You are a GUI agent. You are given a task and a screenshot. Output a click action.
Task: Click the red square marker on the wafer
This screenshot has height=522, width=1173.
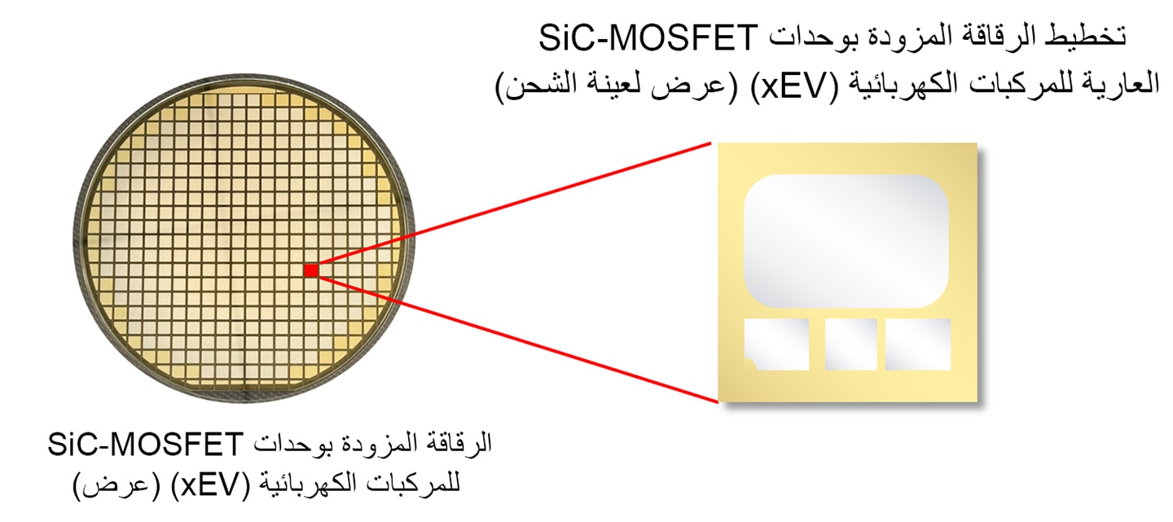point(311,270)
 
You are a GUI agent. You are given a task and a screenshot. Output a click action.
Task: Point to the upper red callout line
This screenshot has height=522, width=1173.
point(515,202)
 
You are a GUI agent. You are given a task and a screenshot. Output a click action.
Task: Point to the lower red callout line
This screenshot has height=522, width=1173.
point(518,340)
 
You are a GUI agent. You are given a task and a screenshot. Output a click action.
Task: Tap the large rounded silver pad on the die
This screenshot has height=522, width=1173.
point(846,241)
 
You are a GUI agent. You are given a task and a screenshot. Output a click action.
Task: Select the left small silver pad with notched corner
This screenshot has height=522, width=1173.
point(776,344)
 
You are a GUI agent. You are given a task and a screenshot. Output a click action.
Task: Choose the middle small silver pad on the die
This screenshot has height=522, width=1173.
point(851,344)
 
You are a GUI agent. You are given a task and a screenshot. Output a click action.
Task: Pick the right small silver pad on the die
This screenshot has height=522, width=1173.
point(918,344)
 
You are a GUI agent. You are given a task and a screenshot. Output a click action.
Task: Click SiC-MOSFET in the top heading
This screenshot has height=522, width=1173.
point(648,37)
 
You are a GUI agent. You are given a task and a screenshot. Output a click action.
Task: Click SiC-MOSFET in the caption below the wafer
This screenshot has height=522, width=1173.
point(145,445)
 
